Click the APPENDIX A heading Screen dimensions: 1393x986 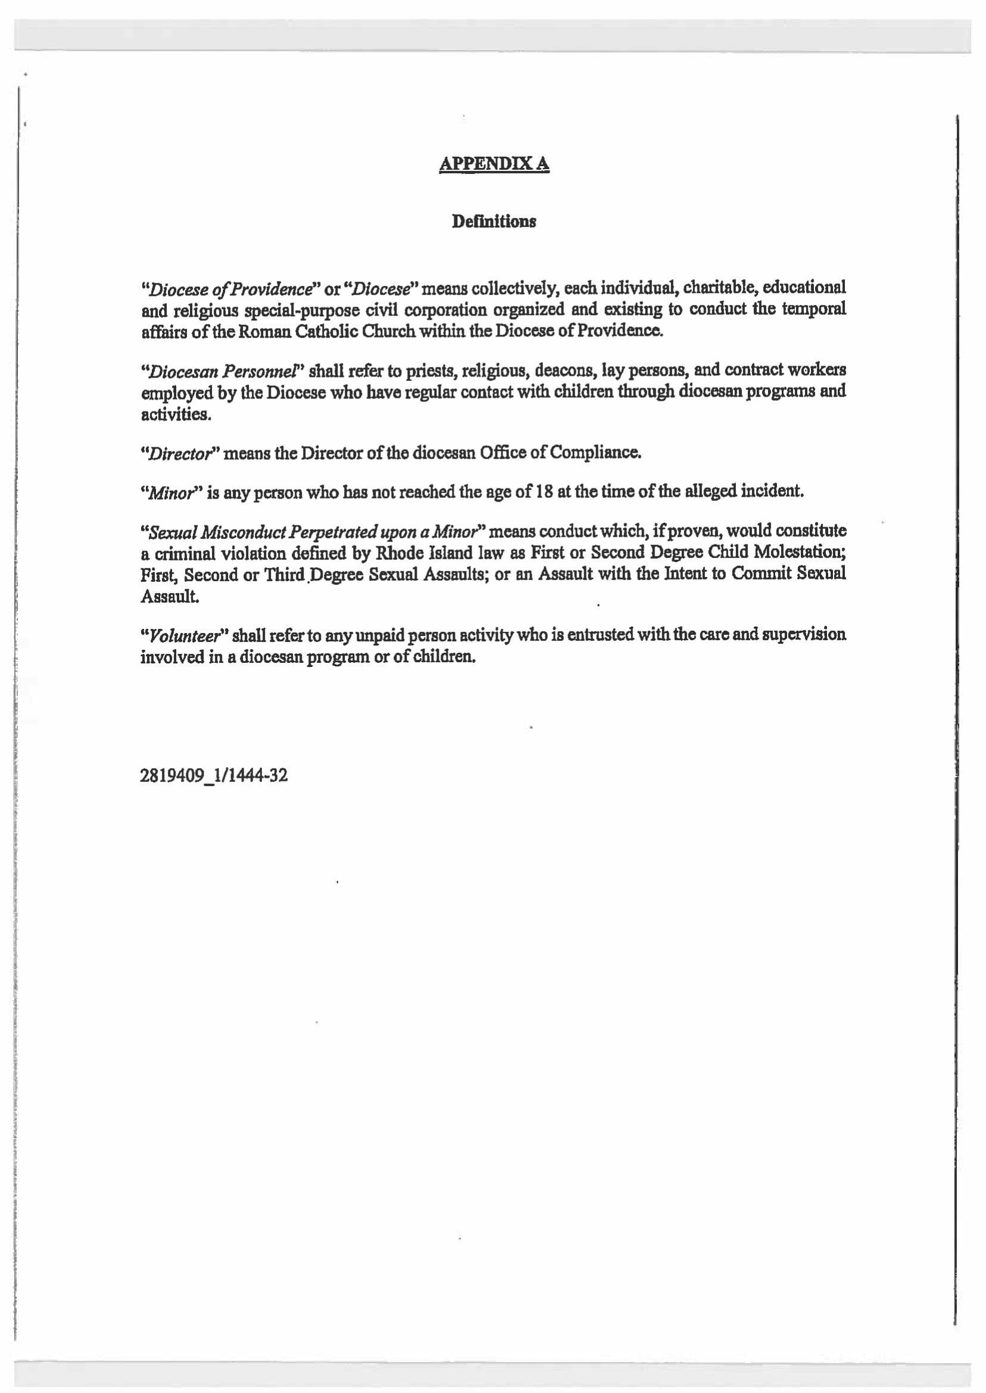pyautogui.click(x=494, y=164)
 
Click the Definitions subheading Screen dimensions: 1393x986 pyautogui.click(x=494, y=222)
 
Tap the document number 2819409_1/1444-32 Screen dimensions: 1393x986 pyautogui.click(x=214, y=776)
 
